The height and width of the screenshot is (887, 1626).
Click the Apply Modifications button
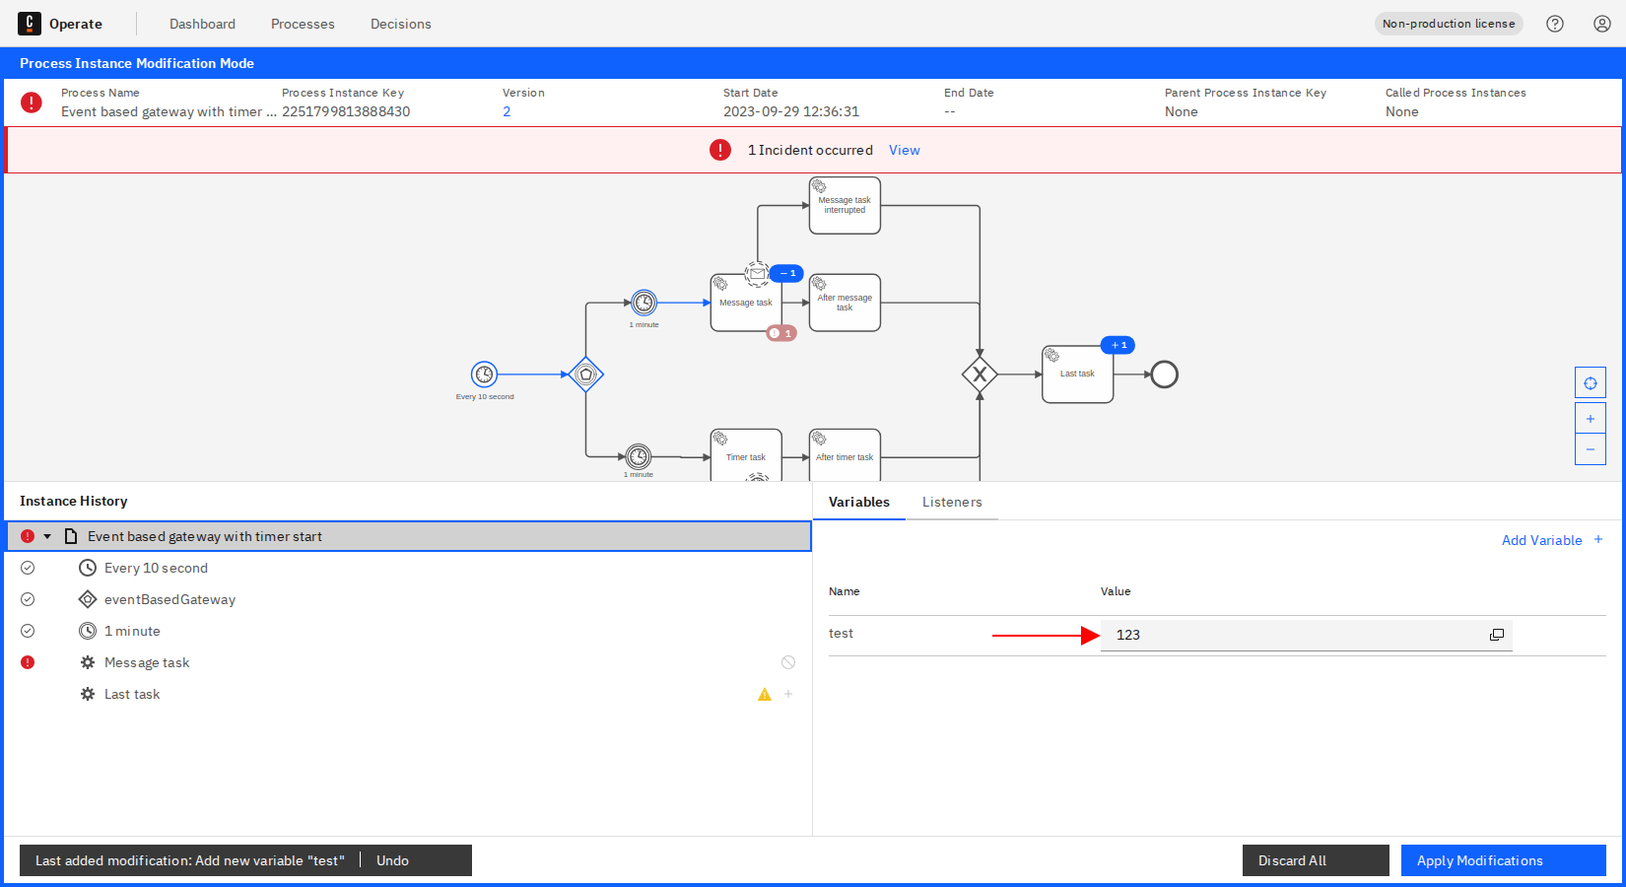[x=1503, y=860]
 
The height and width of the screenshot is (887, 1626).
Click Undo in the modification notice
[x=392, y=860]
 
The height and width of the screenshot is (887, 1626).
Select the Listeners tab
[x=952, y=502]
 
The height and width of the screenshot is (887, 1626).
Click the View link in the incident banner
[x=904, y=150]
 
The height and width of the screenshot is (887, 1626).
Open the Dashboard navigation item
[x=202, y=24]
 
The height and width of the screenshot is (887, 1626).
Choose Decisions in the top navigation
[x=400, y=24]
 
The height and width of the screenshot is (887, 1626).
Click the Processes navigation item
[x=303, y=24]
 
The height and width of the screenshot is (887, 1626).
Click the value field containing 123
[x=1291, y=635]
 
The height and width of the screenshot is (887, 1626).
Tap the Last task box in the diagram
[x=1077, y=375]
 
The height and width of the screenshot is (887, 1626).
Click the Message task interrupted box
[x=845, y=206]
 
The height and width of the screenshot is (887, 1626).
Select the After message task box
[x=845, y=304]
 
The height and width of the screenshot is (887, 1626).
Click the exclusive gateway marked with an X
[x=980, y=375]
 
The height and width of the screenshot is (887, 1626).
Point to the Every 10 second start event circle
[x=484, y=375]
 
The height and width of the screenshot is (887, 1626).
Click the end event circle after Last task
[x=1164, y=375]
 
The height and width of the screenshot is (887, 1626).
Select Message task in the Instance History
[x=147, y=662]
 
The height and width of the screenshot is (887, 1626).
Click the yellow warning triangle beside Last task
[x=765, y=695]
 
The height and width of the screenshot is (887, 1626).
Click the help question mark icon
[x=1555, y=24]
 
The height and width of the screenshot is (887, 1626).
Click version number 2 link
[x=507, y=111]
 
